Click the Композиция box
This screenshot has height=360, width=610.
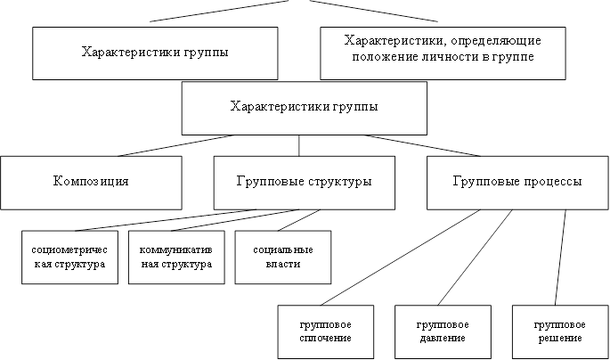click(91, 183)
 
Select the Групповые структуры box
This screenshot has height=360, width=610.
click(305, 183)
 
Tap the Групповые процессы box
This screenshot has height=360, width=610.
click(517, 183)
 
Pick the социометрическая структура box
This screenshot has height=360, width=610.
click(69, 258)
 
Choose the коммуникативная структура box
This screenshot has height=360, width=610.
click(176, 258)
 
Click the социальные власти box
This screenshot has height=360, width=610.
click(283, 258)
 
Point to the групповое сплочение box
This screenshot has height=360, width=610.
click(326, 332)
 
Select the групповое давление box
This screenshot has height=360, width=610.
click(443, 332)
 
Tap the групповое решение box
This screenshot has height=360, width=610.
click(560, 332)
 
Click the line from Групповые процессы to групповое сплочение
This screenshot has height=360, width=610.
click(401, 258)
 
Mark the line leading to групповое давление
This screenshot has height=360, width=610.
click(475, 258)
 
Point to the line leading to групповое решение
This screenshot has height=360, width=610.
click(560, 258)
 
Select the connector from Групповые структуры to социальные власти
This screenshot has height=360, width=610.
click(299, 220)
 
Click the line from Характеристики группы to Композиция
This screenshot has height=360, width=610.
click(176, 145)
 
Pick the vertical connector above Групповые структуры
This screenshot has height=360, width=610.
click(299, 145)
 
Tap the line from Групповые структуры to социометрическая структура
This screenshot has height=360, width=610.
click(166, 220)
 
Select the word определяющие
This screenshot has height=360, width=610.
click(498, 41)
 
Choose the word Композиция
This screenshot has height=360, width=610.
click(91, 182)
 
